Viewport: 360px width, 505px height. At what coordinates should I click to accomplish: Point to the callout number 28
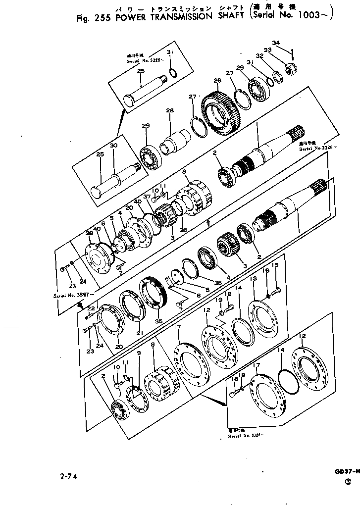[x=170, y=110]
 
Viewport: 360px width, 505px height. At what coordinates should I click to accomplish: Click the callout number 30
[x=113, y=146]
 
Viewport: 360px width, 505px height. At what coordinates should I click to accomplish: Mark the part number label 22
[x=91, y=308]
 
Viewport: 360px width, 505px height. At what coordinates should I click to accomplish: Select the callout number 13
[x=254, y=280]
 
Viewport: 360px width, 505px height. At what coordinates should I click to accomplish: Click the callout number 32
[x=259, y=56]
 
